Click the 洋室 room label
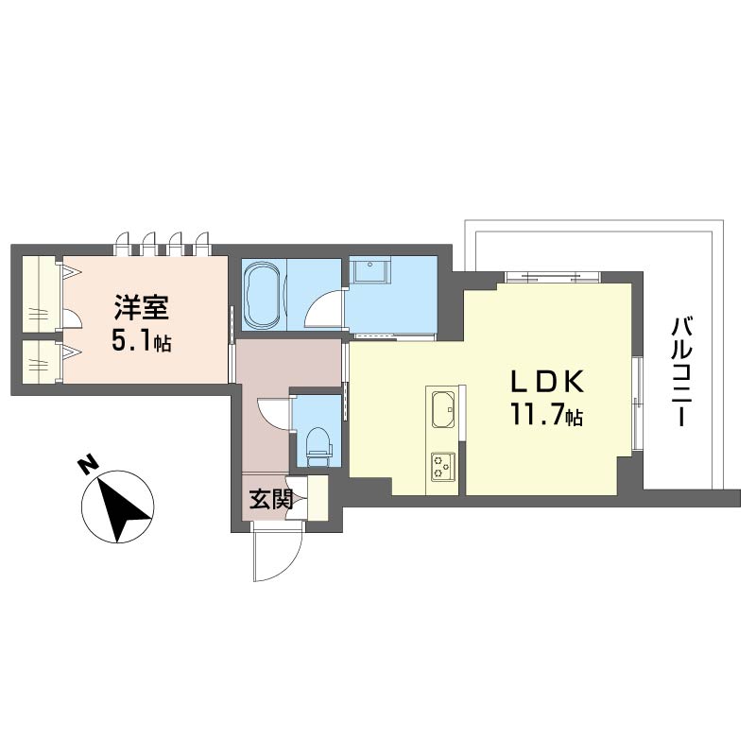click(141, 308)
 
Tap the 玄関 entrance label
click(271, 500)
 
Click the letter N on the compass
click(87, 465)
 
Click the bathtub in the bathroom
click(264, 295)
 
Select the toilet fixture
click(318, 446)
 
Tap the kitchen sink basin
click(443, 409)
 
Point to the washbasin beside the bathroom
click(370, 271)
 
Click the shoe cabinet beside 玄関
click(318, 498)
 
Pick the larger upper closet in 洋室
click(41, 294)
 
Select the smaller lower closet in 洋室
click(41, 362)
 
